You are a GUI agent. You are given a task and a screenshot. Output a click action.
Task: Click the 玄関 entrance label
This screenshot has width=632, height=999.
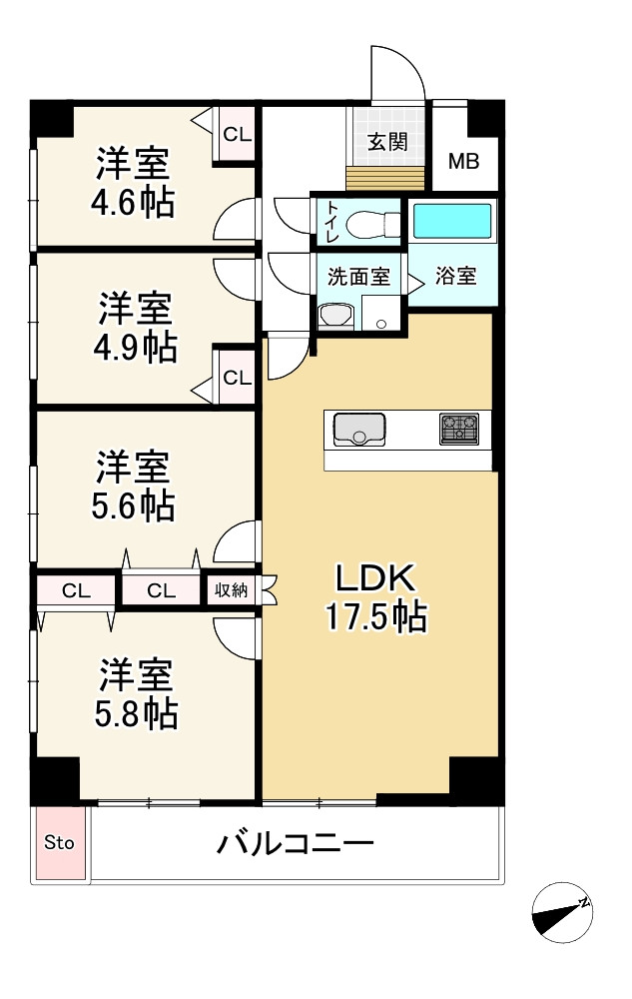coord(386,141)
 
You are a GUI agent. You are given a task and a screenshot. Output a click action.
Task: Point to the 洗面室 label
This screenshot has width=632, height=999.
coord(359,277)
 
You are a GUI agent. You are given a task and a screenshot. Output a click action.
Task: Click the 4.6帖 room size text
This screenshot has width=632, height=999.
coord(132,203)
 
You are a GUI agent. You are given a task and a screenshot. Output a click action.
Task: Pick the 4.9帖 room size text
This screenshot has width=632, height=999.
coord(137,347)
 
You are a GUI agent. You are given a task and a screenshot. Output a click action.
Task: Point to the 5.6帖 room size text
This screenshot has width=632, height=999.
coord(133,505)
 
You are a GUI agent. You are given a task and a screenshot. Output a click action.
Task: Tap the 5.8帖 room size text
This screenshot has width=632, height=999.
coord(137,713)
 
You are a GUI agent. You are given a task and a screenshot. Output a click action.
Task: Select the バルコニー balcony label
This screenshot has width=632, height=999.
coord(296,845)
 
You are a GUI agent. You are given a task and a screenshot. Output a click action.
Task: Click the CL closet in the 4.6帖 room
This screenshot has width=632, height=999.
coord(237,134)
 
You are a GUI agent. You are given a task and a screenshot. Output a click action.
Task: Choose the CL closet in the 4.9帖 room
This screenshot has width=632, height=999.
coord(237,378)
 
